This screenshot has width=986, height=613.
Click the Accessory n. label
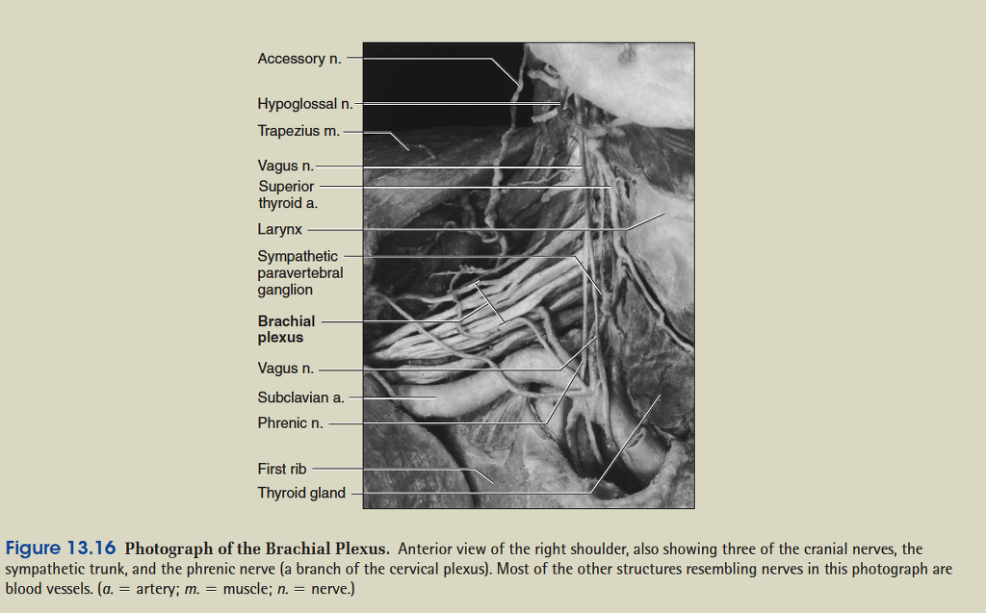(x=298, y=59)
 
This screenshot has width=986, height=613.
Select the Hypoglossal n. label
(x=304, y=103)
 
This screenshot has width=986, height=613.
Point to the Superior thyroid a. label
(x=287, y=194)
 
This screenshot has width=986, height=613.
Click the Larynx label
(x=279, y=229)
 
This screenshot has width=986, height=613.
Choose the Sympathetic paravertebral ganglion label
(x=299, y=272)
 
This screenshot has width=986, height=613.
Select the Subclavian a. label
(x=300, y=396)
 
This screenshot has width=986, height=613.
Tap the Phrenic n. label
(x=290, y=422)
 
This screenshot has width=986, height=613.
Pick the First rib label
(x=281, y=469)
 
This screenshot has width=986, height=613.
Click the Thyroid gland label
(x=300, y=493)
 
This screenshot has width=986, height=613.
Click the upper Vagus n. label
(x=285, y=166)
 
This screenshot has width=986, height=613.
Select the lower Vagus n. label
(x=285, y=369)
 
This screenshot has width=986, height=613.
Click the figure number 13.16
(x=91, y=549)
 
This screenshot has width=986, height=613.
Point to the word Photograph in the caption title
(x=167, y=549)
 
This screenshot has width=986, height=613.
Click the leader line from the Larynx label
(x=462, y=229)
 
